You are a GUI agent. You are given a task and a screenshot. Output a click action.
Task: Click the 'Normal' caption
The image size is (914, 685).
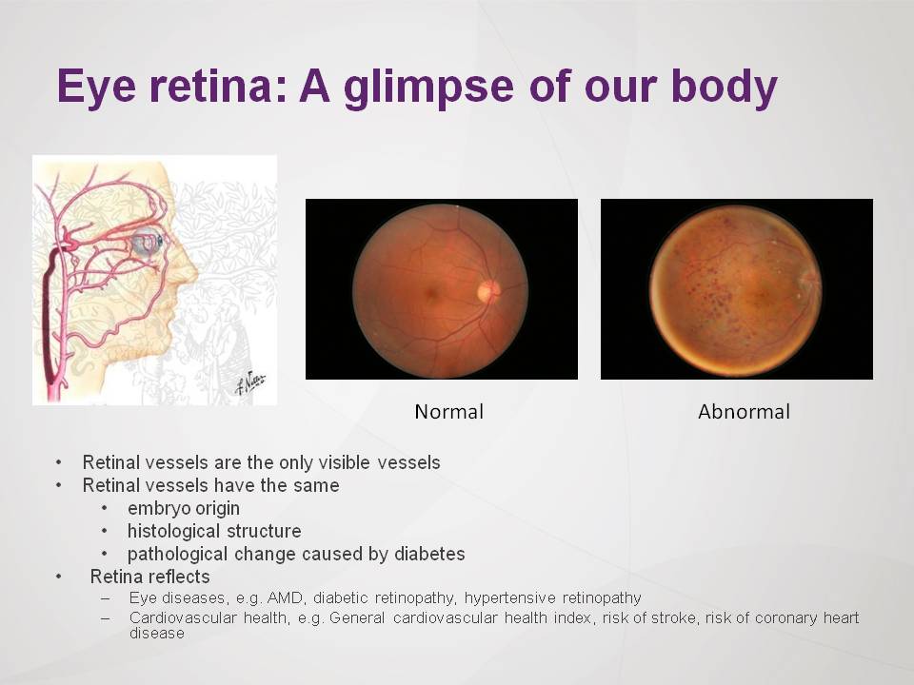coord(448,412)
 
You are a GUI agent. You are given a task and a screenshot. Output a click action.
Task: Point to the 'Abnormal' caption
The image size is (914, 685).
coord(744,412)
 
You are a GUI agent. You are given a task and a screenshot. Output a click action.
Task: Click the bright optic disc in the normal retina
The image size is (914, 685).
coord(488,290)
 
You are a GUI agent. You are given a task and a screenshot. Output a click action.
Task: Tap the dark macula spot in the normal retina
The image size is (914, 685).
coord(430,294)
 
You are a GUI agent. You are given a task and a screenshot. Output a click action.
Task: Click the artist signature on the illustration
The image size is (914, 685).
coord(250,382)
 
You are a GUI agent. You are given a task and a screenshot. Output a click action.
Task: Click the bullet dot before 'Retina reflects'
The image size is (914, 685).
coord(58,577)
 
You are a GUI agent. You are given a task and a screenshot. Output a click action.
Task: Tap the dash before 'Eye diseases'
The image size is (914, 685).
coord(106,598)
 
